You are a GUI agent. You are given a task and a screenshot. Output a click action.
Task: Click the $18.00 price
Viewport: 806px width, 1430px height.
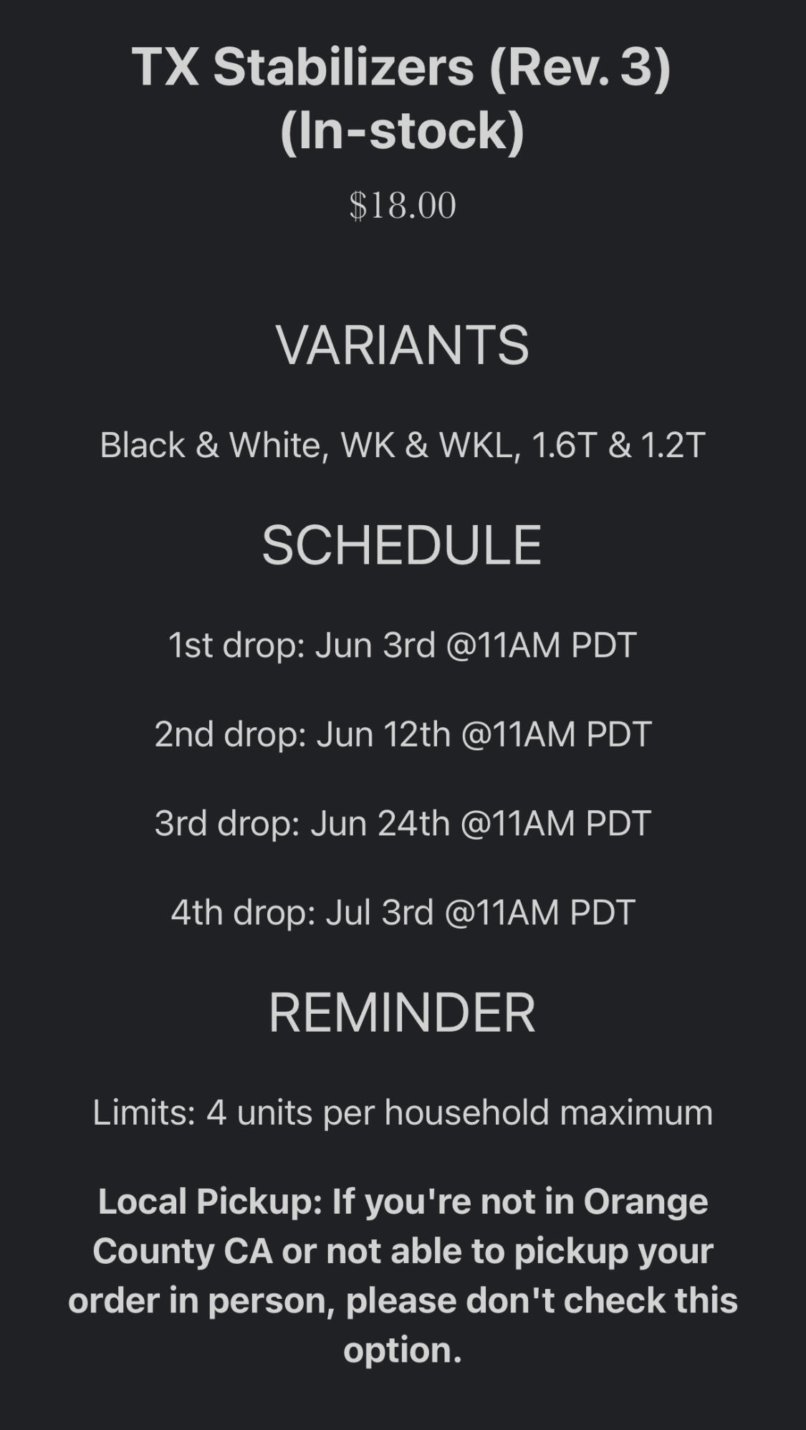tap(403, 206)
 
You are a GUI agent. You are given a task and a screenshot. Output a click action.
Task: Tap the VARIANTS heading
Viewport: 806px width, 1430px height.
tap(403, 345)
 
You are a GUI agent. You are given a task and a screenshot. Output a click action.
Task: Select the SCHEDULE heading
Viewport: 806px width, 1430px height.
tap(402, 545)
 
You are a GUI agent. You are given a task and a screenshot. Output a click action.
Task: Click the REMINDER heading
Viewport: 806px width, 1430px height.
tap(402, 1013)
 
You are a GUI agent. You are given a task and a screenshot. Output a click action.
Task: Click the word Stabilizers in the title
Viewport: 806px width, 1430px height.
tap(344, 67)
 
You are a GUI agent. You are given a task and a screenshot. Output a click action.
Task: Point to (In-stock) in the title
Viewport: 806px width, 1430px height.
tap(403, 130)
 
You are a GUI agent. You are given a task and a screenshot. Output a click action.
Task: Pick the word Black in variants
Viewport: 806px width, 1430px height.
tap(143, 445)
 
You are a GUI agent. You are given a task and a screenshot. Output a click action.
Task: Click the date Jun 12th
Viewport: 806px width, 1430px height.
tap(383, 734)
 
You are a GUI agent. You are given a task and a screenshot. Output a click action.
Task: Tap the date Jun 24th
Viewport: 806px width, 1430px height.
tap(380, 823)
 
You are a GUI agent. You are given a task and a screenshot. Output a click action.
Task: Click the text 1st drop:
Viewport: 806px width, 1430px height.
tap(237, 646)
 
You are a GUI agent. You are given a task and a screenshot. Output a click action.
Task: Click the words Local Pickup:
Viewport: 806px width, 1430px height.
tap(211, 1202)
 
